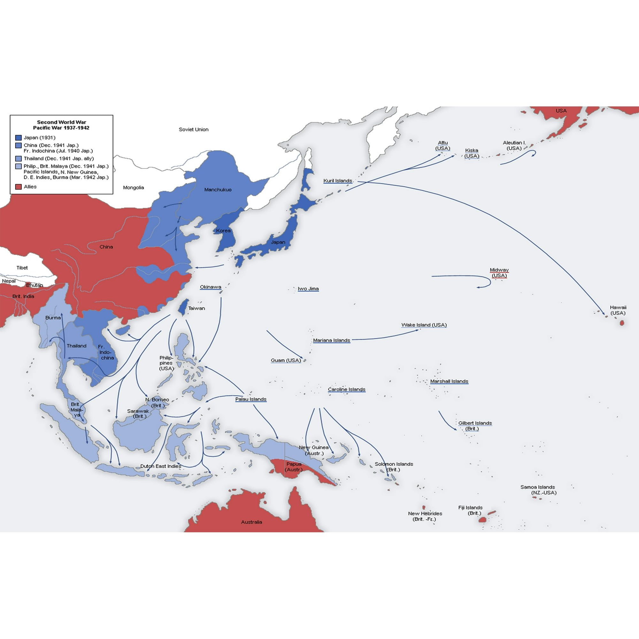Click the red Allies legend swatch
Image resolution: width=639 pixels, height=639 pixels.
click(19, 187)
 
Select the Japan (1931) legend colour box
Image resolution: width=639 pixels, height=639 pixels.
click(19, 138)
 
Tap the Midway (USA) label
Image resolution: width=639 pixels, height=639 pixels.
click(499, 273)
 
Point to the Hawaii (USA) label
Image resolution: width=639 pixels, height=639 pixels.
click(618, 310)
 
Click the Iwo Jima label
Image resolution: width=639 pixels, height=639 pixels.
click(308, 289)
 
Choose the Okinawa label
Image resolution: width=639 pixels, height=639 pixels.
click(210, 287)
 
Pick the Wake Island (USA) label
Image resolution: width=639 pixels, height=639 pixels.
click(424, 325)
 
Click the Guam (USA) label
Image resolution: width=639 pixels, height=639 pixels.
click(286, 360)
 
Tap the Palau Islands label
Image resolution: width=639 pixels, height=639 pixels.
click(251, 399)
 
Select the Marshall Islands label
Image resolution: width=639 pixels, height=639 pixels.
click(449, 381)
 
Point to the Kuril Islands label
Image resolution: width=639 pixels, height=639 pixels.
click(338, 181)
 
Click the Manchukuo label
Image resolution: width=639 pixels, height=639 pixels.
click(218, 190)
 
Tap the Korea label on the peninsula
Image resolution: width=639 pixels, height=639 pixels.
click(223, 231)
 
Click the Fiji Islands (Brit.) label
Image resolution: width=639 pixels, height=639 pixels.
click(470, 510)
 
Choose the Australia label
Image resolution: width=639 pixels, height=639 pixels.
click(251, 522)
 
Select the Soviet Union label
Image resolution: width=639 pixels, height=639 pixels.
click(194, 130)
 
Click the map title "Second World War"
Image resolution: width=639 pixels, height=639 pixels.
click(62, 122)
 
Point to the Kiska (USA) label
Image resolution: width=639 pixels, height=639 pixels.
click(472, 153)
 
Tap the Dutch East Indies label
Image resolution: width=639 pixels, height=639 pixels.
click(161, 466)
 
